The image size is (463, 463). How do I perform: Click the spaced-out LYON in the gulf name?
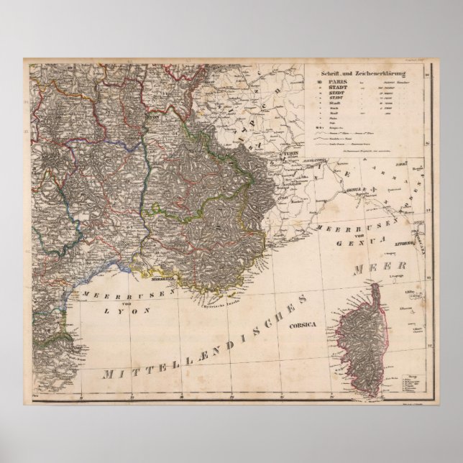(x=118, y=311)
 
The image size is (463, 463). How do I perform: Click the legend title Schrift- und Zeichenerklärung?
(x=365, y=73)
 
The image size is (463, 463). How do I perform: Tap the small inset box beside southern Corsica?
(x=411, y=383)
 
